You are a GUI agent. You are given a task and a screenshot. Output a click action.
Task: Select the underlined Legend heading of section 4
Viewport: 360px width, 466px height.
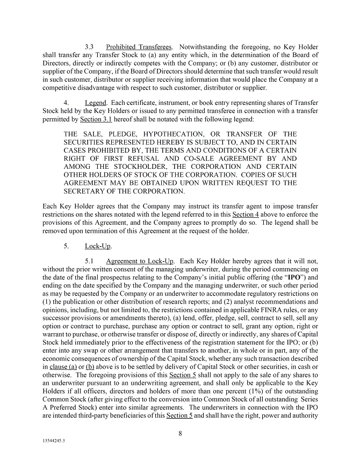(x=96, y=103)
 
